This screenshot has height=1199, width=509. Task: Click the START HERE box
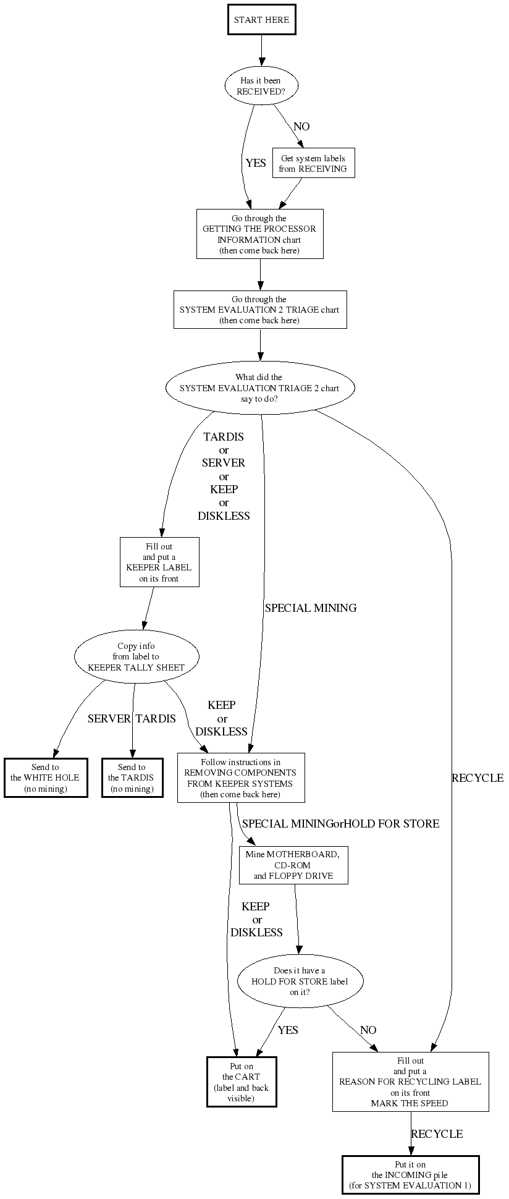261,20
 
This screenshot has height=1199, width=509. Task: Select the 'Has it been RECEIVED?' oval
261,86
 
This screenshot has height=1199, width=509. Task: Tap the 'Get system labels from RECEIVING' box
313,163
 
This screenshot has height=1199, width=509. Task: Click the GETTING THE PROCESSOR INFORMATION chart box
259,234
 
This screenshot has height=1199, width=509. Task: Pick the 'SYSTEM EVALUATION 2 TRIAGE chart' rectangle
259,310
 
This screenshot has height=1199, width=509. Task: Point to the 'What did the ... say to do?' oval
259,388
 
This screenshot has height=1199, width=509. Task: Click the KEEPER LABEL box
159,562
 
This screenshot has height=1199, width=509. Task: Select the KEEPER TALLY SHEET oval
137,657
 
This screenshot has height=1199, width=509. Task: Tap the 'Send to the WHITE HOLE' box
45,777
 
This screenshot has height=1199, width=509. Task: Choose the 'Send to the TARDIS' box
132,777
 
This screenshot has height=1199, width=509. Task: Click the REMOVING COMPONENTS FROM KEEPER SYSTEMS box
241,777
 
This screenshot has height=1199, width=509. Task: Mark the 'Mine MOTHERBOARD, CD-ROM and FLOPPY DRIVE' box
293,865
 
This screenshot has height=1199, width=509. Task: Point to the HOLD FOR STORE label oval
300,981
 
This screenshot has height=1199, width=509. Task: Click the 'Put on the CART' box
242,1082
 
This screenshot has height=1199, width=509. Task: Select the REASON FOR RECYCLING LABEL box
410,1082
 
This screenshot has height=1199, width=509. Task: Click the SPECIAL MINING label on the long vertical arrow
311,608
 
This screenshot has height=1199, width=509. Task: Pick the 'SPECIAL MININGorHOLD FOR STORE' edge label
340,824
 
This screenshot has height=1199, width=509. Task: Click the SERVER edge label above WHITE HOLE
109,719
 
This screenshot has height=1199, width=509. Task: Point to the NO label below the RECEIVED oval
301,127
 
